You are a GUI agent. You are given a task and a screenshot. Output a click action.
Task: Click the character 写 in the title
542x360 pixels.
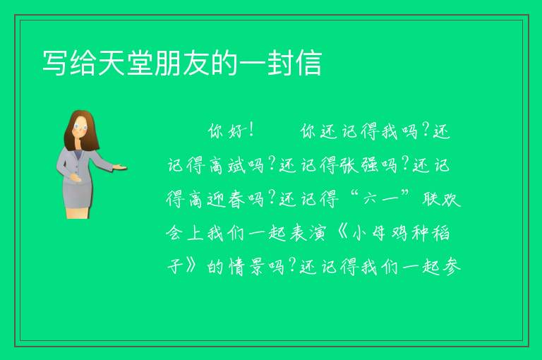55,63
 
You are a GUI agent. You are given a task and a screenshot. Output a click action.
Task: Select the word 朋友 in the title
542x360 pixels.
182,63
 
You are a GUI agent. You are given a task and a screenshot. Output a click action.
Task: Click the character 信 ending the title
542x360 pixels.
308,63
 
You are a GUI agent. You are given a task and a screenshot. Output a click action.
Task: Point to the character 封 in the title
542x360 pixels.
280,63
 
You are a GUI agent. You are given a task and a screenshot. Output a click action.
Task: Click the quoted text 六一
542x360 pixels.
380,198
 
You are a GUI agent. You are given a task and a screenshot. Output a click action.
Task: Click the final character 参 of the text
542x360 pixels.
452,267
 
